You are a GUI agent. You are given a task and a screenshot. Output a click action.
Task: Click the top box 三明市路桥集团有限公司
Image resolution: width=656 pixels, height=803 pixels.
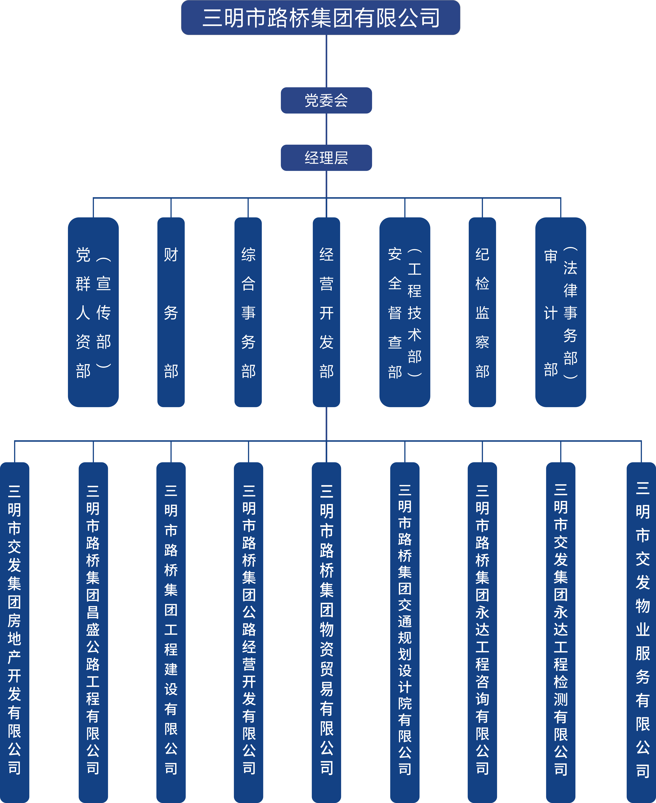click(x=320, y=18)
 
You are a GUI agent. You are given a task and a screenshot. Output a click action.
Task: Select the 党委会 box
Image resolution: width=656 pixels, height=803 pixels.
click(x=326, y=100)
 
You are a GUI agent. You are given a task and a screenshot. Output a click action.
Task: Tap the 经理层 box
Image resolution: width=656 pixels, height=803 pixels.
click(x=326, y=158)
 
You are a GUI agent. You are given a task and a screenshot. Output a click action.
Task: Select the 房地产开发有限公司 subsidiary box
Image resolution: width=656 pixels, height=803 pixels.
click(x=14, y=631)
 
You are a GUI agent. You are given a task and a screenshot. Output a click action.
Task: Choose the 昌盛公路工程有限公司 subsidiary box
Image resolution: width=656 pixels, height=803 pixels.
click(x=93, y=631)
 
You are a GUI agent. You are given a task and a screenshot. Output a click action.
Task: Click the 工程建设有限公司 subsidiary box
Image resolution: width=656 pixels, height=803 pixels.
click(x=171, y=631)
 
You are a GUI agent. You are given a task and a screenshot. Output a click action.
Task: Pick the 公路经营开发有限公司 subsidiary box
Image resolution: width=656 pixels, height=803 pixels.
click(x=249, y=631)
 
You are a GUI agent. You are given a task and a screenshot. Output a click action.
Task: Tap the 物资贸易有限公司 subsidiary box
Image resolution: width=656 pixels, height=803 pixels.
click(x=326, y=631)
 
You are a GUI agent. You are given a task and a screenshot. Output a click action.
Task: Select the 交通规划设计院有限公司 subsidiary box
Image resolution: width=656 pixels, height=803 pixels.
click(x=405, y=631)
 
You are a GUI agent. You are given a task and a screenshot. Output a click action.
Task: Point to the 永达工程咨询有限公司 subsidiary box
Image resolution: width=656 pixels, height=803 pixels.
click(x=482, y=631)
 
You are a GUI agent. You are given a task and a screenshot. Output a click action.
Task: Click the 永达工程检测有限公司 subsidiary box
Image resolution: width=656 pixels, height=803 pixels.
click(x=560, y=631)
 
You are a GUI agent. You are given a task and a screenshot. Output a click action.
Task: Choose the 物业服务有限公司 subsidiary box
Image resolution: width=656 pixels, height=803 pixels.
click(x=641, y=631)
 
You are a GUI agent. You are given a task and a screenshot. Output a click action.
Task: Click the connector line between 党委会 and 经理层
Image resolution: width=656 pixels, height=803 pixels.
click(x=326, y=129)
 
